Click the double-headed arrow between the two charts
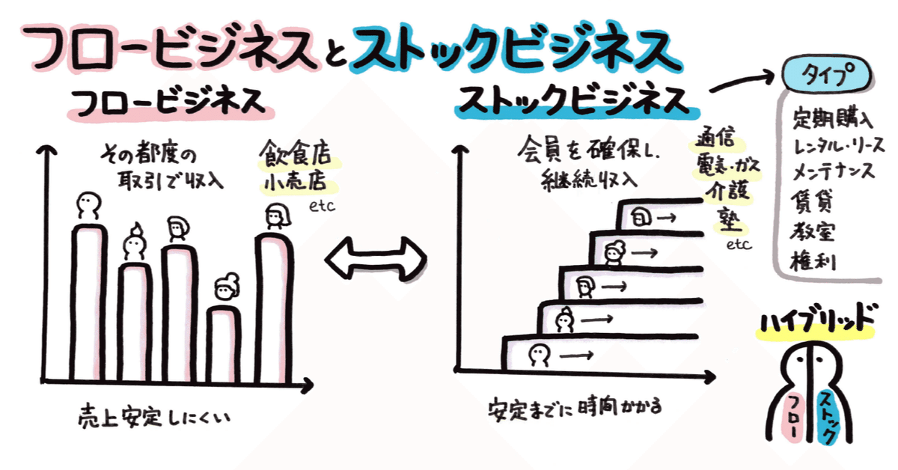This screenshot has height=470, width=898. (376, 259)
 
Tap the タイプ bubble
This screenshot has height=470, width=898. (827, 75)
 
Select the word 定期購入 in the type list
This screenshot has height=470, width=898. (832, 118)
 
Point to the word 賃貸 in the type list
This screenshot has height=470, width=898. (811, 201)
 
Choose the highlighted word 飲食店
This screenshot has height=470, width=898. (296, 153)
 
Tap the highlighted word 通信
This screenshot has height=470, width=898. (715, 138)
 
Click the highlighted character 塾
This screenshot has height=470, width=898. (729, 220)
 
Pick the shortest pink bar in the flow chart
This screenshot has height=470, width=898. (224, 344)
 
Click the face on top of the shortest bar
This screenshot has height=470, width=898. (227, 287)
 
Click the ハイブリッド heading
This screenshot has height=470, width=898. (816, 318)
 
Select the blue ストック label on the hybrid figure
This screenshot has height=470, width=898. (827, 418)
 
